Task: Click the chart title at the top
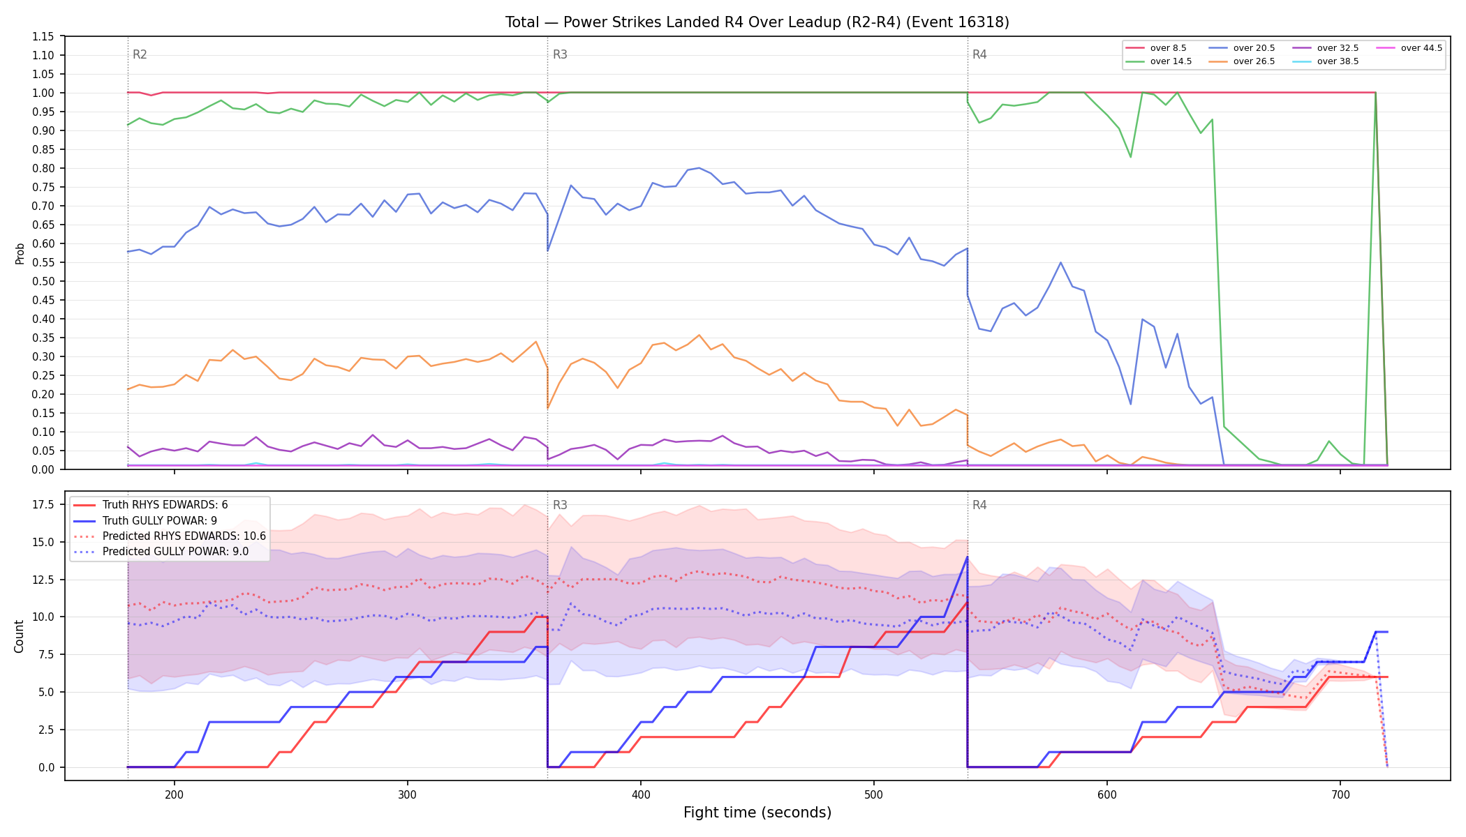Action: click(x=757, y=22)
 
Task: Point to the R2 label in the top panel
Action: click(x=140, y=54)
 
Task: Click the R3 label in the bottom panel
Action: click(x=560, y=505)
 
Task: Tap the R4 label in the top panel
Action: click(x=979, y=54)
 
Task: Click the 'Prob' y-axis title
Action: click(x=20, y=253)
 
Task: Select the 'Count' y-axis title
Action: click(x=19, y=636)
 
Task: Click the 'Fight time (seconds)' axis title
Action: click(x=757, y=813)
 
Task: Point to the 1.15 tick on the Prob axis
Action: click(x=43, y=36)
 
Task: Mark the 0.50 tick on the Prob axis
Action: click(x=43, y=281)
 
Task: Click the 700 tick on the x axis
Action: click(x=1340, y=794)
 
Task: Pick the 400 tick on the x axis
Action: click(x=641, y=794)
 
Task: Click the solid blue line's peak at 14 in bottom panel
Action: click(x=967, y=557)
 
